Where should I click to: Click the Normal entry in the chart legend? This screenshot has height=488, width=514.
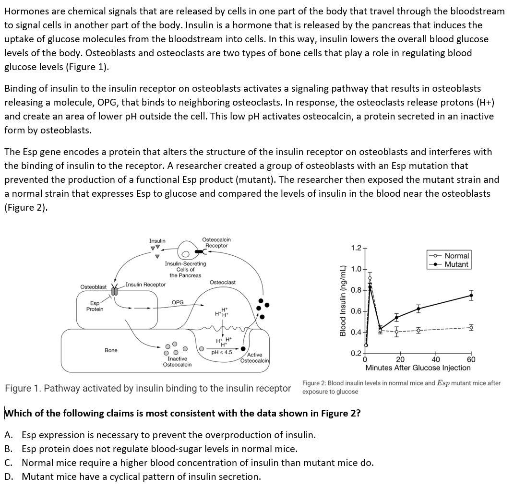pos(456,256)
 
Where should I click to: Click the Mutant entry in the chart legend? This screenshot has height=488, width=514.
pos(456,264)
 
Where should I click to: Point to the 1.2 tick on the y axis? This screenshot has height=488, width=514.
pos(356,248)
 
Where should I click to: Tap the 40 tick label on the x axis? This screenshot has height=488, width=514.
pos(435,360)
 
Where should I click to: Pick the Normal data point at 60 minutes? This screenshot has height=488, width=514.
pos(471,328)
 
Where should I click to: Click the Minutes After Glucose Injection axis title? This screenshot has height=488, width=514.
pos(418,368)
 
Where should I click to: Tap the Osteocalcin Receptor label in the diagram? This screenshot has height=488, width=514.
pos(216,242)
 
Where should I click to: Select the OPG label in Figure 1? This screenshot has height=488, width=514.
pos(178,302)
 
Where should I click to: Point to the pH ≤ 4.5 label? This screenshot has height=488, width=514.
pos(222,352)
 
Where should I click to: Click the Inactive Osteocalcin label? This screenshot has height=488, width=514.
pos(177,362)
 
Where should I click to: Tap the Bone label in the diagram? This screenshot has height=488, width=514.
pos(111,350)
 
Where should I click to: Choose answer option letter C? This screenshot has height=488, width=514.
pos(8,463)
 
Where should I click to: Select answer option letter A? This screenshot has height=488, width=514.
pos(8,435)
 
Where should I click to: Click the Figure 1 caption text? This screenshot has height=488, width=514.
pos(147,388)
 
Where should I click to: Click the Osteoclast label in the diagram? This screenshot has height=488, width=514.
pos(223,283)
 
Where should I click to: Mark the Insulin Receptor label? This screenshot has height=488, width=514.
pos(146,285)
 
